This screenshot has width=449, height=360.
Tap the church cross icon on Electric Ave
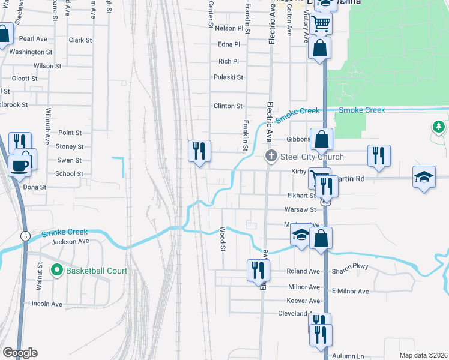[271, 157]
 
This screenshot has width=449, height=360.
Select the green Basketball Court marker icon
[57, 271]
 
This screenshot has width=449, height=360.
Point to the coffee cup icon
[19, 165]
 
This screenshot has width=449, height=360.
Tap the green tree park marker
[439, 127]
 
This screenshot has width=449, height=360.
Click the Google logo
[20, 353]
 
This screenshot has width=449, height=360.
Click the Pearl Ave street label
[33, 38]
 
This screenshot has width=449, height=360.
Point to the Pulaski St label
[228, 77]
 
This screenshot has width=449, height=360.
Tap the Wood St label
[223, 239]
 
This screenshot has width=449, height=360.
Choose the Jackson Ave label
[70, 241]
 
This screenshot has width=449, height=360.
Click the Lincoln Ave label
[45, 304]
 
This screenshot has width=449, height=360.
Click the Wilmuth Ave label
[47, 125]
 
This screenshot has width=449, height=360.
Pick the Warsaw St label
[300, 209]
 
